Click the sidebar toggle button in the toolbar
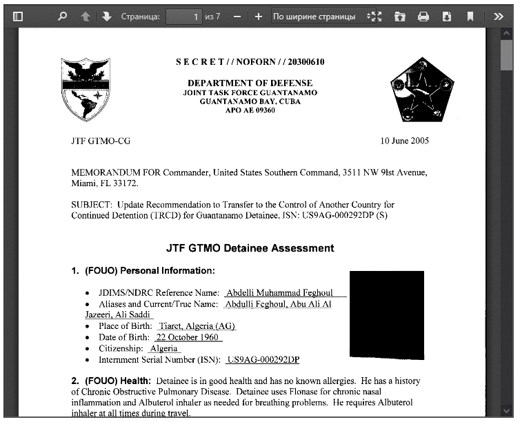tap(19, 17)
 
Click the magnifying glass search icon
tap(63, 17)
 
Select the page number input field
tap(184, 17)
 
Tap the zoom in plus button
tap(259, 17)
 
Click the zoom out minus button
tap(237, 17)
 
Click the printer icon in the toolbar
tap(423, 17)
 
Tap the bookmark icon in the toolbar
tap(470, 17)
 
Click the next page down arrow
tap(107, 17)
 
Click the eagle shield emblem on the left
tap(86, 89)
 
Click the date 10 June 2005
tap(404, 141)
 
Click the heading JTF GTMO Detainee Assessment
tap(250, 248)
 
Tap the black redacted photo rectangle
tap(386, 314)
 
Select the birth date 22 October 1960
tap(188, 337)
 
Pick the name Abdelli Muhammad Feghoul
tap(283, 293)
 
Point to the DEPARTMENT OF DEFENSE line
tap(250, 83)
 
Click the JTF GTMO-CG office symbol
tap(101, 141)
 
